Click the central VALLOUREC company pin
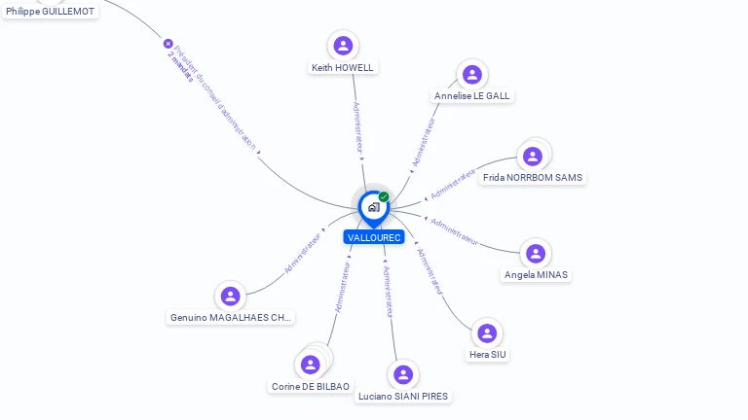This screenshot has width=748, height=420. pos(373,207)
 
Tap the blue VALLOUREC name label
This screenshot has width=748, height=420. pos(374,237)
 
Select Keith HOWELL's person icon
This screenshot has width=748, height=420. pos(343,46)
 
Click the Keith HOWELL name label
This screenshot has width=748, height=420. pos(342,68)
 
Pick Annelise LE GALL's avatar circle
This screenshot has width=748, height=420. pos(472,75)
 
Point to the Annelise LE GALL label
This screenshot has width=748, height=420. pos(472,96)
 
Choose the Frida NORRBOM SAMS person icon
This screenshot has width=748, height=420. pos(533,157)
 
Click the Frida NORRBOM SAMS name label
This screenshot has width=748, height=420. pos(533,178)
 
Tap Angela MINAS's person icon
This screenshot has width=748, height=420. pos(536,254)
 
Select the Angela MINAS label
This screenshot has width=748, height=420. pos(536,275)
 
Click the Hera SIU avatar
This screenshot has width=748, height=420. pos(487,333)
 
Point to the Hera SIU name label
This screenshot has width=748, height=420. pos(487,355)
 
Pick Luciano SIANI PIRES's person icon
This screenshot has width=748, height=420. pos(403,375)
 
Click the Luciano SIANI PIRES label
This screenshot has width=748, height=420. pos(403,397)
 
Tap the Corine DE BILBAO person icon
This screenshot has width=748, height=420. pos(311,365)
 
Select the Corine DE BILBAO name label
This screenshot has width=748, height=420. pos(311,387)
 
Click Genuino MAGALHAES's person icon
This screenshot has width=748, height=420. pos(231,296)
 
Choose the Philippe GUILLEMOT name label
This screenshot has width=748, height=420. pos(51,11)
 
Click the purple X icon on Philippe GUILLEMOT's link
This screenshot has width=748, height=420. pos(168,44)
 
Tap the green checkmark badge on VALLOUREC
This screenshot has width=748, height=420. pos(384,196)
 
